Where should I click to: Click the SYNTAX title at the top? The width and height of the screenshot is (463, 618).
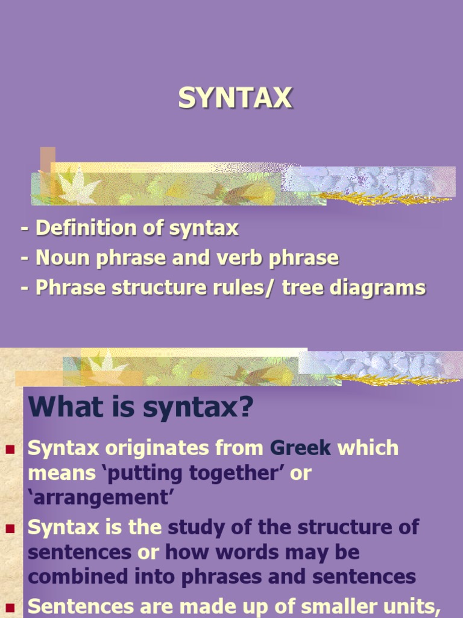(235, 99)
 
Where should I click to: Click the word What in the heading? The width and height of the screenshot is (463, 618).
(66, 408)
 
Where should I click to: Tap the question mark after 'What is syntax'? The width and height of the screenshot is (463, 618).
(245, 408)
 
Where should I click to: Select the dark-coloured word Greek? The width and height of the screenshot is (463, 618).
(301, 448)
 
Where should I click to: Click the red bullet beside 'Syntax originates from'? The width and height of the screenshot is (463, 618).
(10, 449)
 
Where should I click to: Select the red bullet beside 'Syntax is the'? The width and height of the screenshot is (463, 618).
(10, 528)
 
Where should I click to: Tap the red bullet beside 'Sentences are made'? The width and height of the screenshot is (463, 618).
(10, 606)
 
